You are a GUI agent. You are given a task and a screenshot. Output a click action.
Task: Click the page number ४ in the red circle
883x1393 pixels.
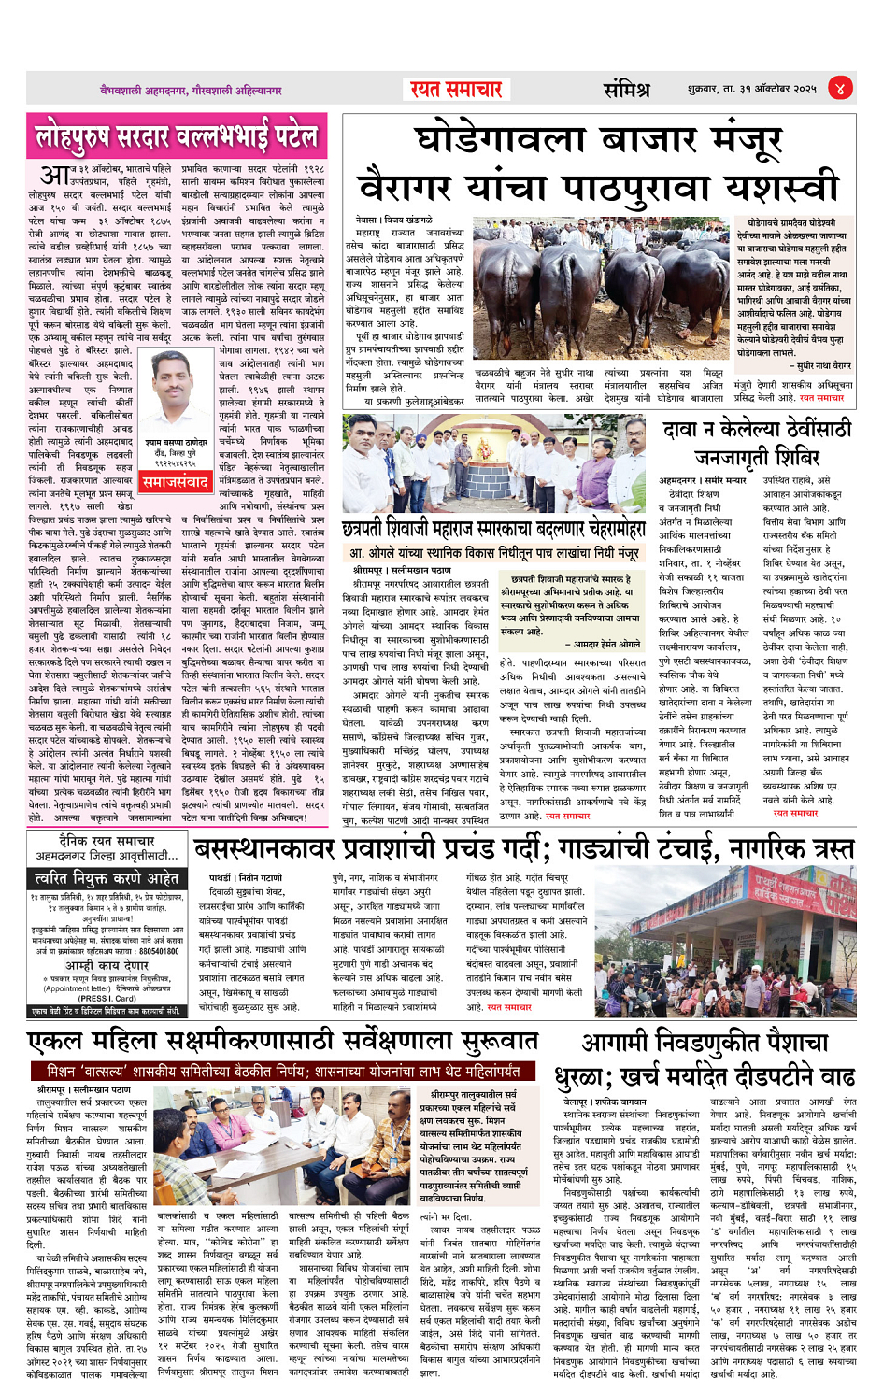pos(840,89)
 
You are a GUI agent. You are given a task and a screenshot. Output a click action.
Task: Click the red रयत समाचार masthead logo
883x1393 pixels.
pos(456,90)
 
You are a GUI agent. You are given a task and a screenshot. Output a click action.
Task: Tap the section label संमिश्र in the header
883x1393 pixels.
pos(625,90)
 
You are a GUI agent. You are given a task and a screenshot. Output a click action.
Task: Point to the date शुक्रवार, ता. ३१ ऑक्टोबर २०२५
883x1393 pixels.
pos(751,90)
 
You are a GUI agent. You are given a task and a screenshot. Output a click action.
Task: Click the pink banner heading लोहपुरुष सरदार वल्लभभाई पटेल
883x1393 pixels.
pos(177,138)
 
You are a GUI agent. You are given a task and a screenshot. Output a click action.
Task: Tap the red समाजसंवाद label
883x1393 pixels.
pos(175,482)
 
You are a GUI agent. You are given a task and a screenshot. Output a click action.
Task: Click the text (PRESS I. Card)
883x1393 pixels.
pos(107,998)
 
